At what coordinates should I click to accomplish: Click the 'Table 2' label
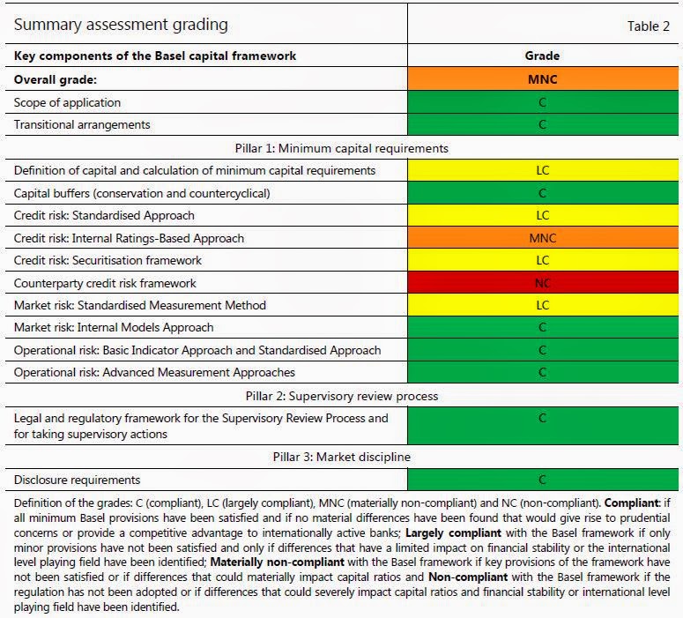pyautogui.click(x=648, y=26)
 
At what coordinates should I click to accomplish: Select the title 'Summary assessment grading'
pyautogui.click(x=121, y=25)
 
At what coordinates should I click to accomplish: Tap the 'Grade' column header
pyautogui.click(x=542, y=56)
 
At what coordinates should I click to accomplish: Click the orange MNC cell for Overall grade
pyautogui.click(x=542, y=79)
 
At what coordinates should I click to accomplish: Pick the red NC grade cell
pyautogui.click(x=542, y=283)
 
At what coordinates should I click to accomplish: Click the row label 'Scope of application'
pyautogui.click(x=67, y=102)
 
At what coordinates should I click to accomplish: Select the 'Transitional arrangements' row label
pyautogui.click(x=82, y=124)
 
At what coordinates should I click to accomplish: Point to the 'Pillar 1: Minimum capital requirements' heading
pyautogui.click(x=341, y=148)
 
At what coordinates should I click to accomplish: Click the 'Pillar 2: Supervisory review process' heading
pyautogui.click(x=341, y=396)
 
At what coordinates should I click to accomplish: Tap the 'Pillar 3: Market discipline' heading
pyautogui.click(x=341, y=457)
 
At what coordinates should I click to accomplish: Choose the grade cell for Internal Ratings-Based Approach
pyautogui.click(x=542, y=238)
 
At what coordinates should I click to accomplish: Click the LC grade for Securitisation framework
pyautogui.click(x=542, y=261)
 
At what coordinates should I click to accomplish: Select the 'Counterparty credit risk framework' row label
pyautogui.click(x=105, y=283)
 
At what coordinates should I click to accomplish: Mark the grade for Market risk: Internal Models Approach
pyautogui.click(x=542, y=328)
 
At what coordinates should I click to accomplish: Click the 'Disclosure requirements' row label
pyautogui.click(x=78, y=480)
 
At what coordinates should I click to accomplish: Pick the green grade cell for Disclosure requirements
pyautogui.click(x=542, y=480)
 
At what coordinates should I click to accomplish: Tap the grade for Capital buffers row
pyautogui.click(x=542, y=193)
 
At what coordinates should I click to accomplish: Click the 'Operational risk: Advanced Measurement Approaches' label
pyautogui.click(x=154, y=372)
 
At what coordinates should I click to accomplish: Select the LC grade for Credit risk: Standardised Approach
pyautogui.click(x=542, y=216)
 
